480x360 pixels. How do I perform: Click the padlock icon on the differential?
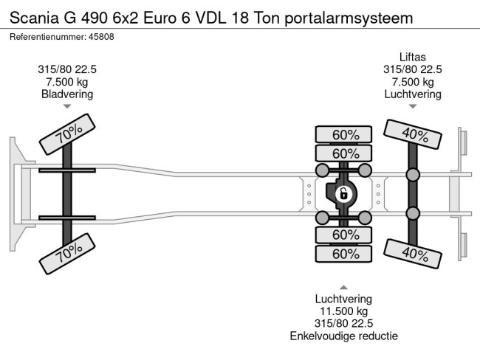pos(343,194)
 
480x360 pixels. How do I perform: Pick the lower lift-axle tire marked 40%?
pos(414,254)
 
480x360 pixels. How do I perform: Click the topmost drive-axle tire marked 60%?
pos(345,134)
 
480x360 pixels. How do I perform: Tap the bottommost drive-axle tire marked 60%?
pos(345,254)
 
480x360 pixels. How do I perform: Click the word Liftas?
pos(413,57)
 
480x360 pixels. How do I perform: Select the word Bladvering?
pos(67,94)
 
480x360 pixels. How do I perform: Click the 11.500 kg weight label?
pos(343,311)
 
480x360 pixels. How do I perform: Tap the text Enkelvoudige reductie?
pos(343,336)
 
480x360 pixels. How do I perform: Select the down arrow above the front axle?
pos(67,107)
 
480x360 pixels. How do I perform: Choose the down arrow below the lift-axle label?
pos(413,107)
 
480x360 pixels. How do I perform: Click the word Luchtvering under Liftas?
pos(413,94)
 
